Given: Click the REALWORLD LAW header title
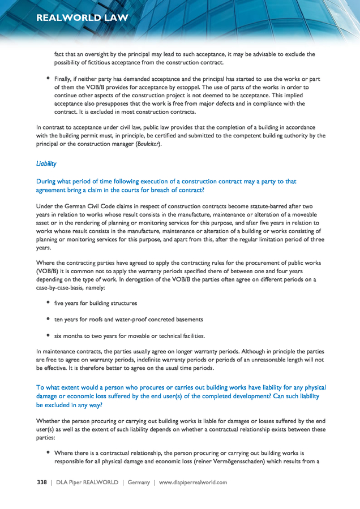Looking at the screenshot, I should [82, 18].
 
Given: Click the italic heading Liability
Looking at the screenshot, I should [46, 163].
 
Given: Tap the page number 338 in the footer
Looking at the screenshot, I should [41, 482].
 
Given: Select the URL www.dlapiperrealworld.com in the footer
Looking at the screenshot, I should [193, 482].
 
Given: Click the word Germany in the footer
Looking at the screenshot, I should [139, 482].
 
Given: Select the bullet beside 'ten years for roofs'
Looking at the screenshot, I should [49, 319].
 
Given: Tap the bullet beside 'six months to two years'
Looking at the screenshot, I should [49, 335].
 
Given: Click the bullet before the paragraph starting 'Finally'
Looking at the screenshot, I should [49, 79].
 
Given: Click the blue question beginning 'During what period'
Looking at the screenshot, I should [166, 186].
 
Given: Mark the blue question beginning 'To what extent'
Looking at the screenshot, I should [181, 396].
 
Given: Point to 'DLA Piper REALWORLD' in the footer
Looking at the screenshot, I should [87, 482].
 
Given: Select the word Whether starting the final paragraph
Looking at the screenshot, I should [49, 421].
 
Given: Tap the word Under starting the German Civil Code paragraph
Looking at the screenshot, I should [45, 207].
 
